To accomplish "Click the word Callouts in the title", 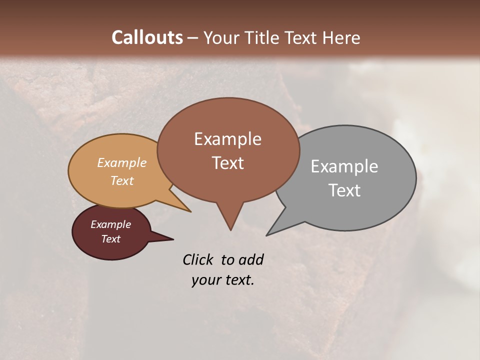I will click(x=147, y=37).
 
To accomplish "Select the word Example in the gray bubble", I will click(x=344, y=166).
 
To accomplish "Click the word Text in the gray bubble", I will click(x=344, y=190).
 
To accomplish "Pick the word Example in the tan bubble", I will click(x=122, y=162).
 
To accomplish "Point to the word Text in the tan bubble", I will click(x=122, y=180).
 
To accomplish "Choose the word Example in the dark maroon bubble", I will click(x=111, y=224).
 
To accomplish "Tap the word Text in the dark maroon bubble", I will click(x=111, y=239).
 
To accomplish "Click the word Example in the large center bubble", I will click(x=227, y=139).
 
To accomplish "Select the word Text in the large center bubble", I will click(x=227, y=163).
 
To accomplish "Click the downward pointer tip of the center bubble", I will click(x=230, y=229).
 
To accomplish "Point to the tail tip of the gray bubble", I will click(x=267, y=235).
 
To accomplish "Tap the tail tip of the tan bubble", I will click(x=190, y=211).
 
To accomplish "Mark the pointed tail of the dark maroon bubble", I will click(x=172, y=239).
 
